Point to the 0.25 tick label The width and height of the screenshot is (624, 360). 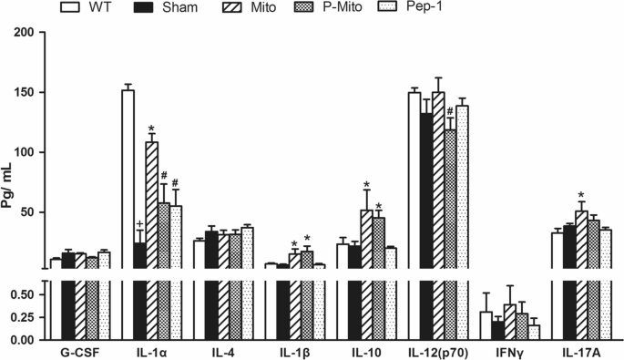tap(27, 318)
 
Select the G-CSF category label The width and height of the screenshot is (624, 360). tap(74, 352)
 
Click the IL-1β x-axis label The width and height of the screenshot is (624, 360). tap(294, 352)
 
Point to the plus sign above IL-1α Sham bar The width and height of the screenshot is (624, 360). tap(139, 224)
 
